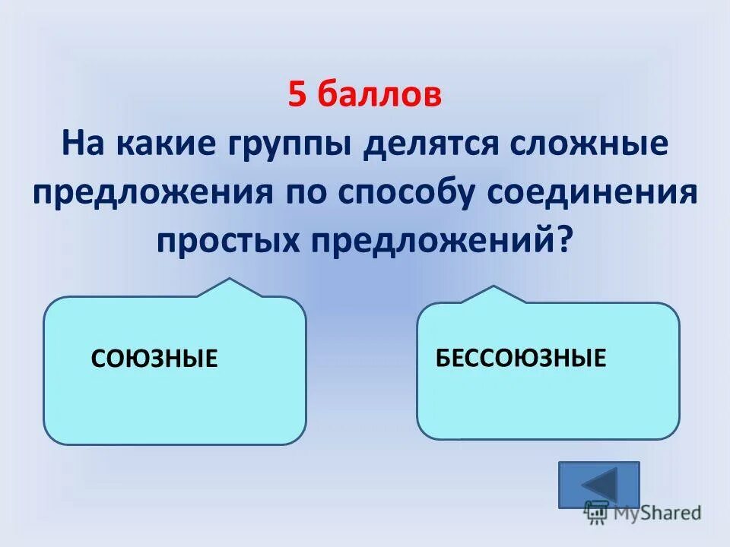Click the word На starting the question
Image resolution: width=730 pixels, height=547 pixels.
click(x=82, y=144)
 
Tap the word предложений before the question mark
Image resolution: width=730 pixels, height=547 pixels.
click(x=430, y=242)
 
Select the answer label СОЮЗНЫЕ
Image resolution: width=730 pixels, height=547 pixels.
click(x=154, y=358)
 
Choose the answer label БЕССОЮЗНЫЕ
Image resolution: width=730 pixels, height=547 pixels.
click(x=521, y=357)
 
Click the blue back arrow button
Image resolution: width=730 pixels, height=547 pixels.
click(x=599, y=484)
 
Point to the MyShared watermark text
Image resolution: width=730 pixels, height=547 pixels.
click(x=654, y=513)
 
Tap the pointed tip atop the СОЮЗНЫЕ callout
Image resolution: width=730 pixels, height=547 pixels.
click(x=230, y=281)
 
